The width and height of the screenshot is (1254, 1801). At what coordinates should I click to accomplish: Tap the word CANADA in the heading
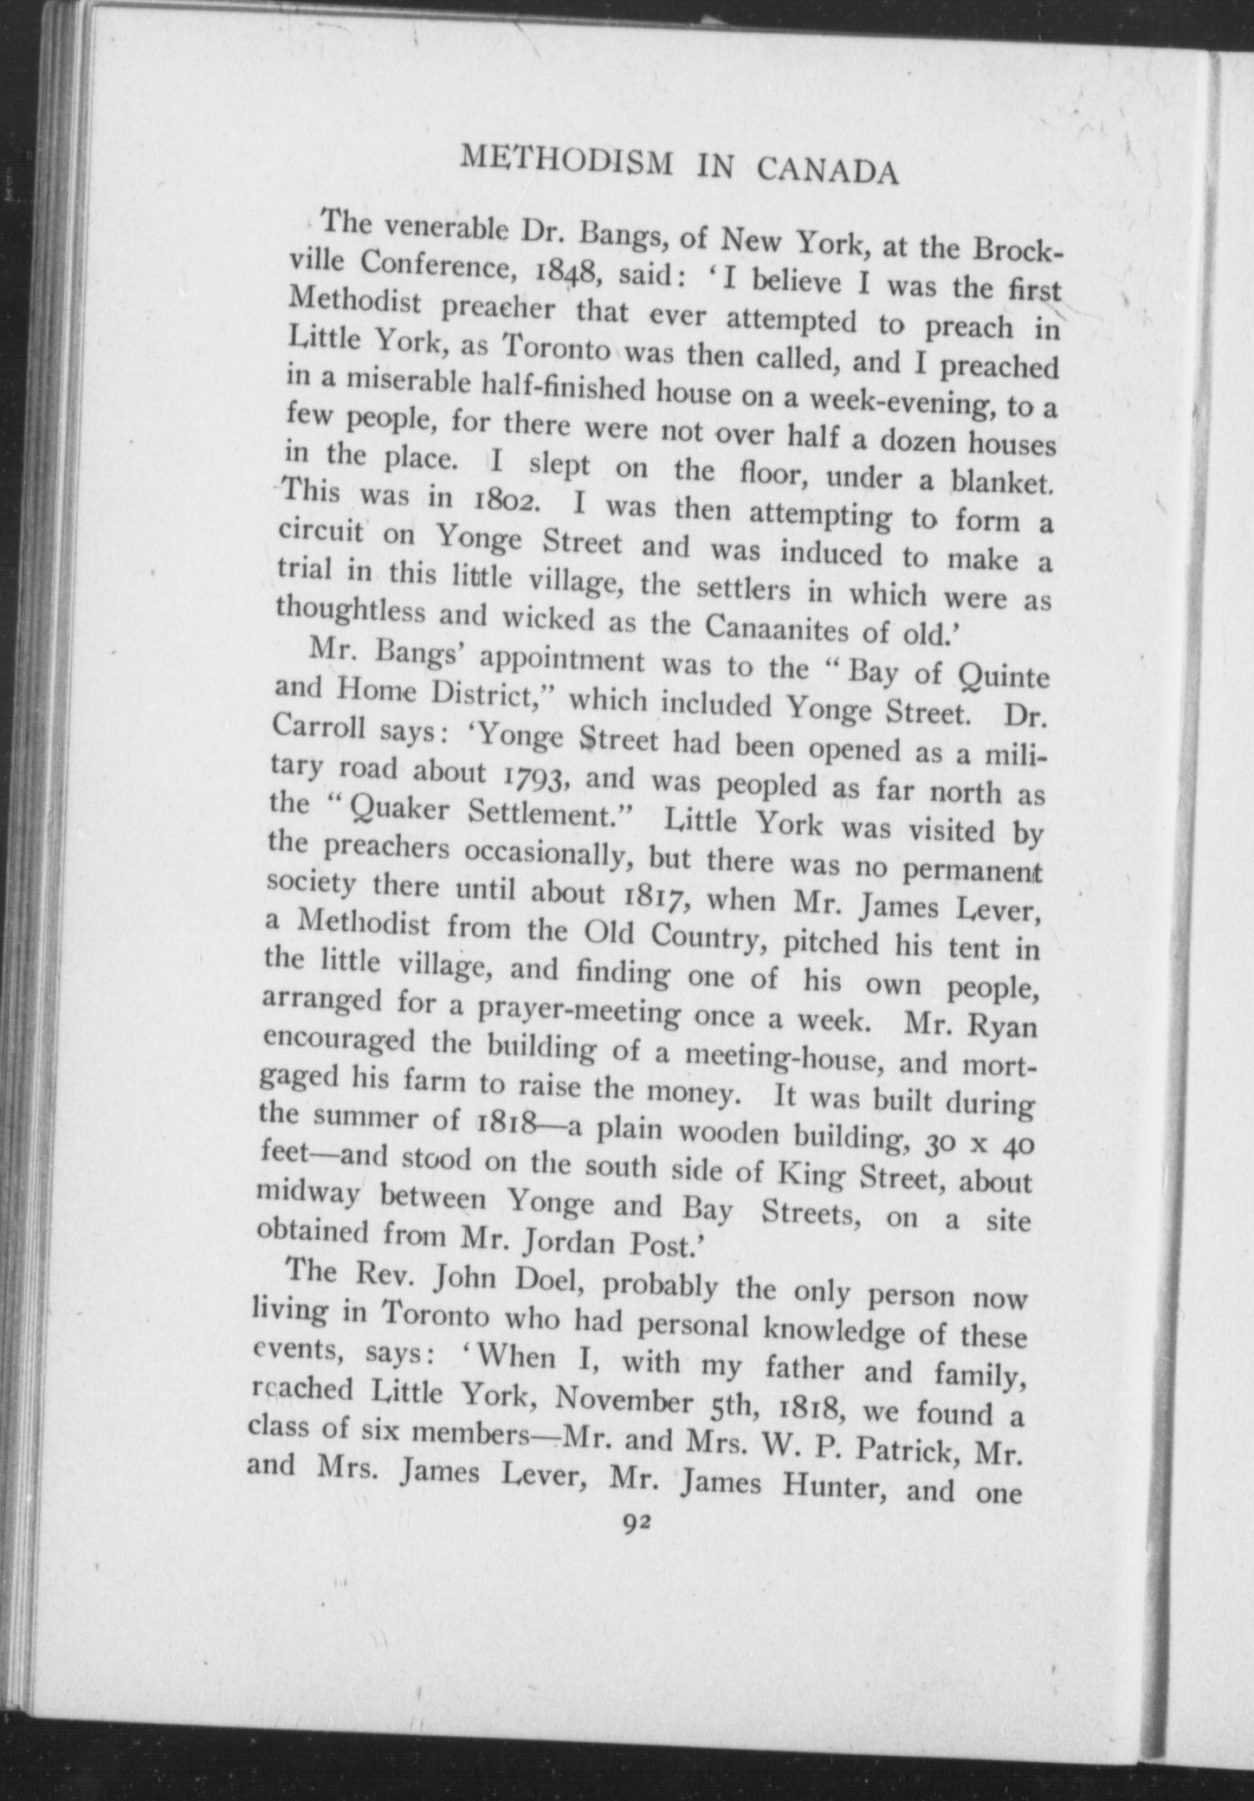click(827, 171)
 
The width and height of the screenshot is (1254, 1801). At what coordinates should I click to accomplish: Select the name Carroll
click(320, 730)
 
